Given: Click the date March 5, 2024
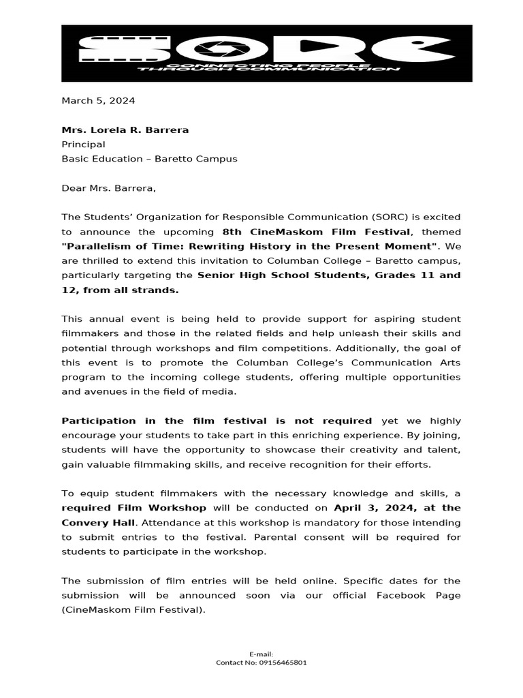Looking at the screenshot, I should click(98, 100).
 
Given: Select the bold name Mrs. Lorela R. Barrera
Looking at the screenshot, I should click(125, 130).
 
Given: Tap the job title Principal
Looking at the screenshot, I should click(83, 144).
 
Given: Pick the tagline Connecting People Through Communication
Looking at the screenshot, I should click(267, 67).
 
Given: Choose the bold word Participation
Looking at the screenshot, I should click(99, 421).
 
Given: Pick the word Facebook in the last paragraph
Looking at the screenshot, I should click(404, 595).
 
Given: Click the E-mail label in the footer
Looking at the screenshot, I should click(261, 654).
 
